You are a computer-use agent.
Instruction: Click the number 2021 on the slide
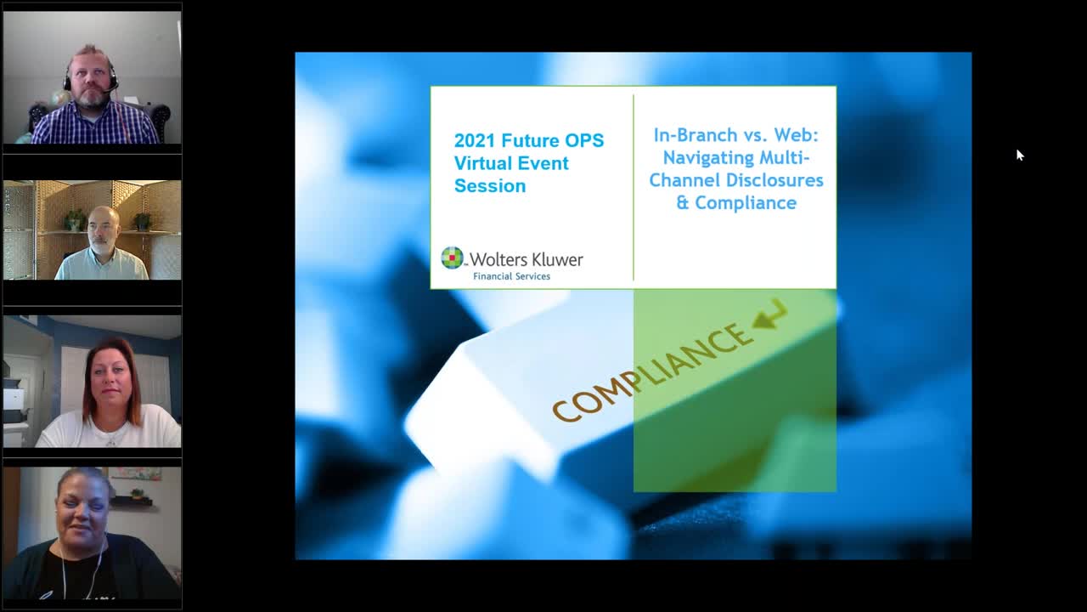click(475, 141)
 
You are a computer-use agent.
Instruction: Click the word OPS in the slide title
click(583, 141)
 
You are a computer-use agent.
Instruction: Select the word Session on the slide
click(490, 186)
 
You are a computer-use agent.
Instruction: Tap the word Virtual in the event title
click(487, 163)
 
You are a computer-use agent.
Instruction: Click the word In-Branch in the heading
click(696, 135)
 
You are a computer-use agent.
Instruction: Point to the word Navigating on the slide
click(708, 158)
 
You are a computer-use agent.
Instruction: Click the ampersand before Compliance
click(682, 203)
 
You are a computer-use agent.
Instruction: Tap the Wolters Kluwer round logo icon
click(452, 258)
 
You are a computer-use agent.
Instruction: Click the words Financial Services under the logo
click(511, 276)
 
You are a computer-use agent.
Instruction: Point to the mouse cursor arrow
click(1020, 155)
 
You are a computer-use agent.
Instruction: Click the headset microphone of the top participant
click(114, 88)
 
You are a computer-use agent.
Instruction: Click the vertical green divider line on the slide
click(634, 188)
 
